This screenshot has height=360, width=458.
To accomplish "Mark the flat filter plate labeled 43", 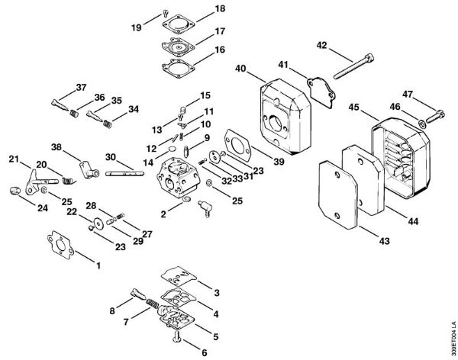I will [335, 194].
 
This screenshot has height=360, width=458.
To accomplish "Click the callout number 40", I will [240, 69].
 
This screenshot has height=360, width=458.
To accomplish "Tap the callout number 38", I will [56, 146].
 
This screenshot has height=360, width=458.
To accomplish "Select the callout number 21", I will [13, 159].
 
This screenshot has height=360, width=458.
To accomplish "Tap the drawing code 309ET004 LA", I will [452, 332].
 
